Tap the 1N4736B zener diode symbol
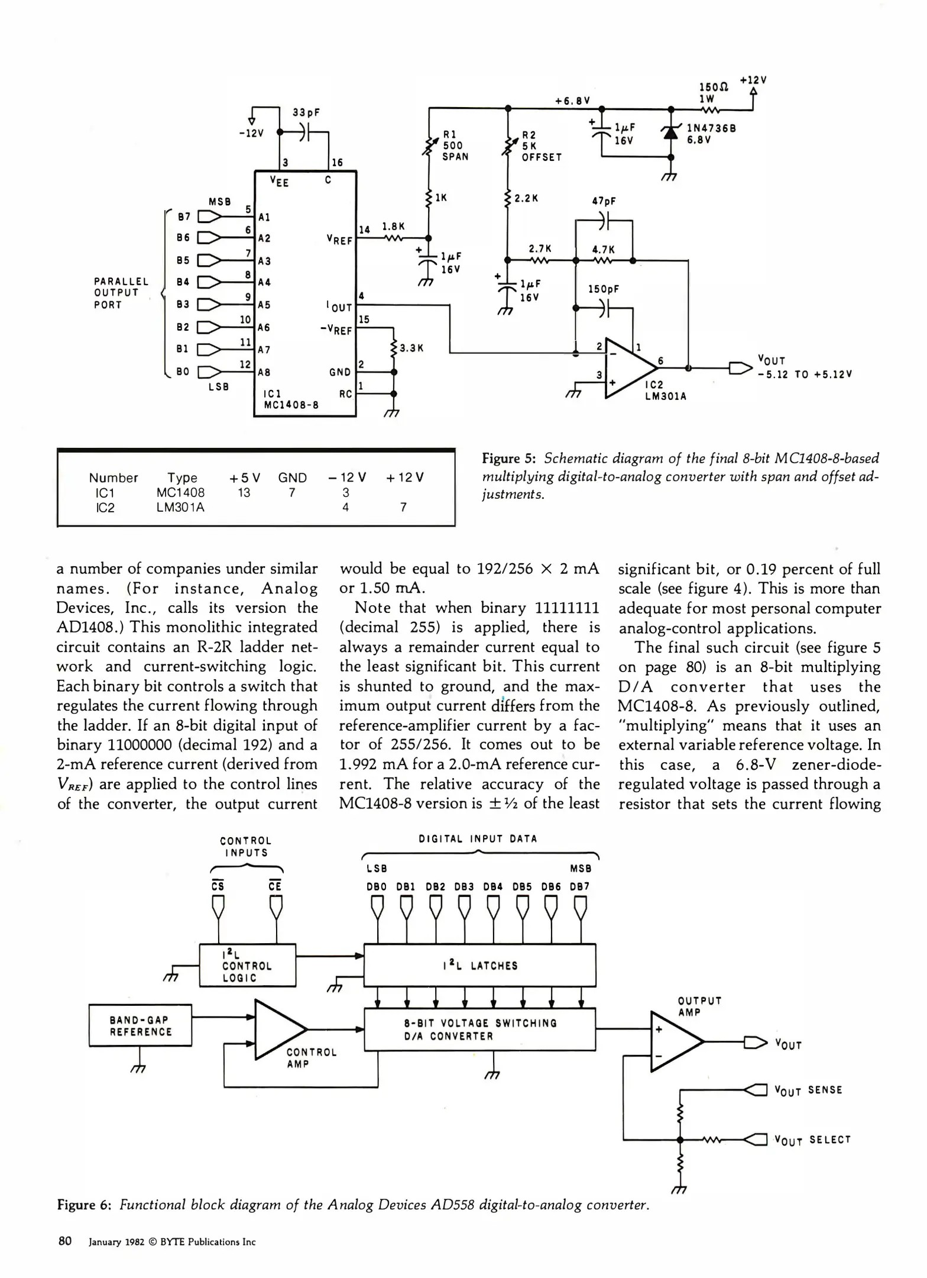coord(670,133)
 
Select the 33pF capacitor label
coord(306,112)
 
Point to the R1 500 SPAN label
coord(455,146)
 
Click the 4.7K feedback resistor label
coord(604,250)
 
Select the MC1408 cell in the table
coord(180,492)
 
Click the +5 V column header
coord(245,477)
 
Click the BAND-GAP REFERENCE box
coord(140,1025)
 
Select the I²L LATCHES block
coord(479,966)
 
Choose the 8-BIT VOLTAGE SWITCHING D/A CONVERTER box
coord(479,1029)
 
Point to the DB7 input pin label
coord(579,887)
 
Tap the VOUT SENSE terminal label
coord(808,1090)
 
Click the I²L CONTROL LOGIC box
coord(247,966)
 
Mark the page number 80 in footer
coord(65,1241)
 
